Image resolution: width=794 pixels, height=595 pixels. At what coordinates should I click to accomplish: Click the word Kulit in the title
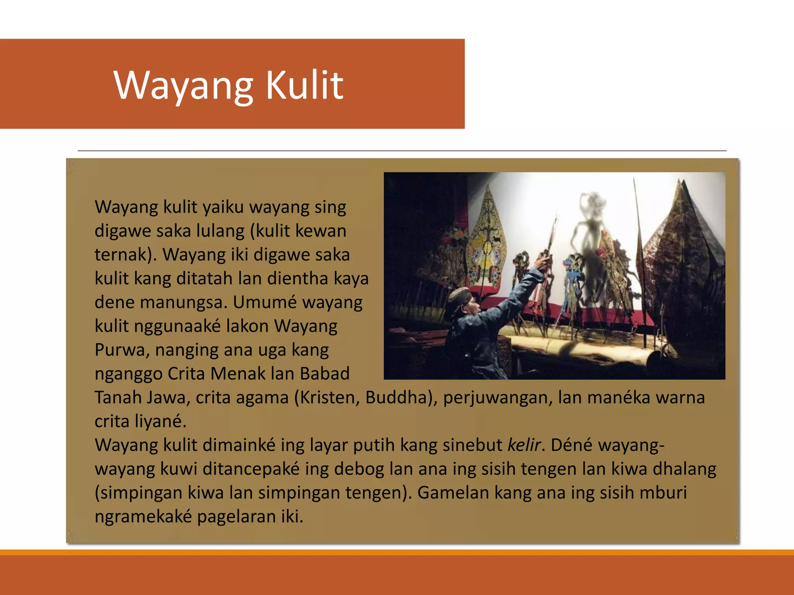304,85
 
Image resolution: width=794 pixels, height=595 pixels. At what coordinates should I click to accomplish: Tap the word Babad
325,374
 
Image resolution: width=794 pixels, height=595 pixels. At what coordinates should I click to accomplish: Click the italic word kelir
524,445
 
